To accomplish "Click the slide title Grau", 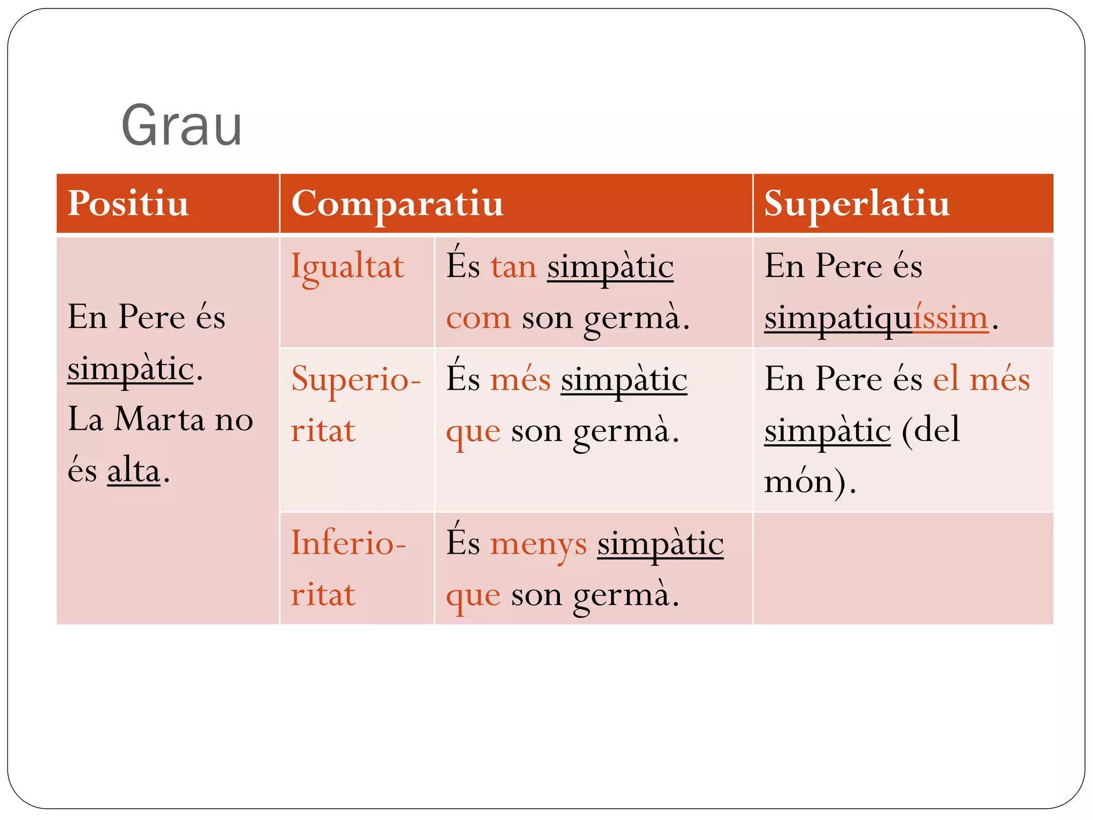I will [x=181, y=126].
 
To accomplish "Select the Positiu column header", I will [x=128, y=203].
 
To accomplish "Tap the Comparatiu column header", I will [x=397, y=203].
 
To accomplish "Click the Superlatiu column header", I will [x=857, y=203].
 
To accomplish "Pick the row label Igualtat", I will [x=347, y=267].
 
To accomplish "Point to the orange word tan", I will [x=513, y=267].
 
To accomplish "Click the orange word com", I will [x=478, y=318].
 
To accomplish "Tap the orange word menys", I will [x=538, y=544].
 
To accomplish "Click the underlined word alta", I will [x=133, y=471].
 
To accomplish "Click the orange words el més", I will [x=981, y=380].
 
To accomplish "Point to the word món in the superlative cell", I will [x=798, y=482].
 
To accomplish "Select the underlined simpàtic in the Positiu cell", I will [x=130, y=369].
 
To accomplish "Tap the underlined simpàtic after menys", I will [x=660, y=544].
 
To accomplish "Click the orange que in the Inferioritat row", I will [x=473, y=595].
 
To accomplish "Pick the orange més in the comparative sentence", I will [x=520, y=380].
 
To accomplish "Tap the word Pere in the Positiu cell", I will [x=152, y=317].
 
